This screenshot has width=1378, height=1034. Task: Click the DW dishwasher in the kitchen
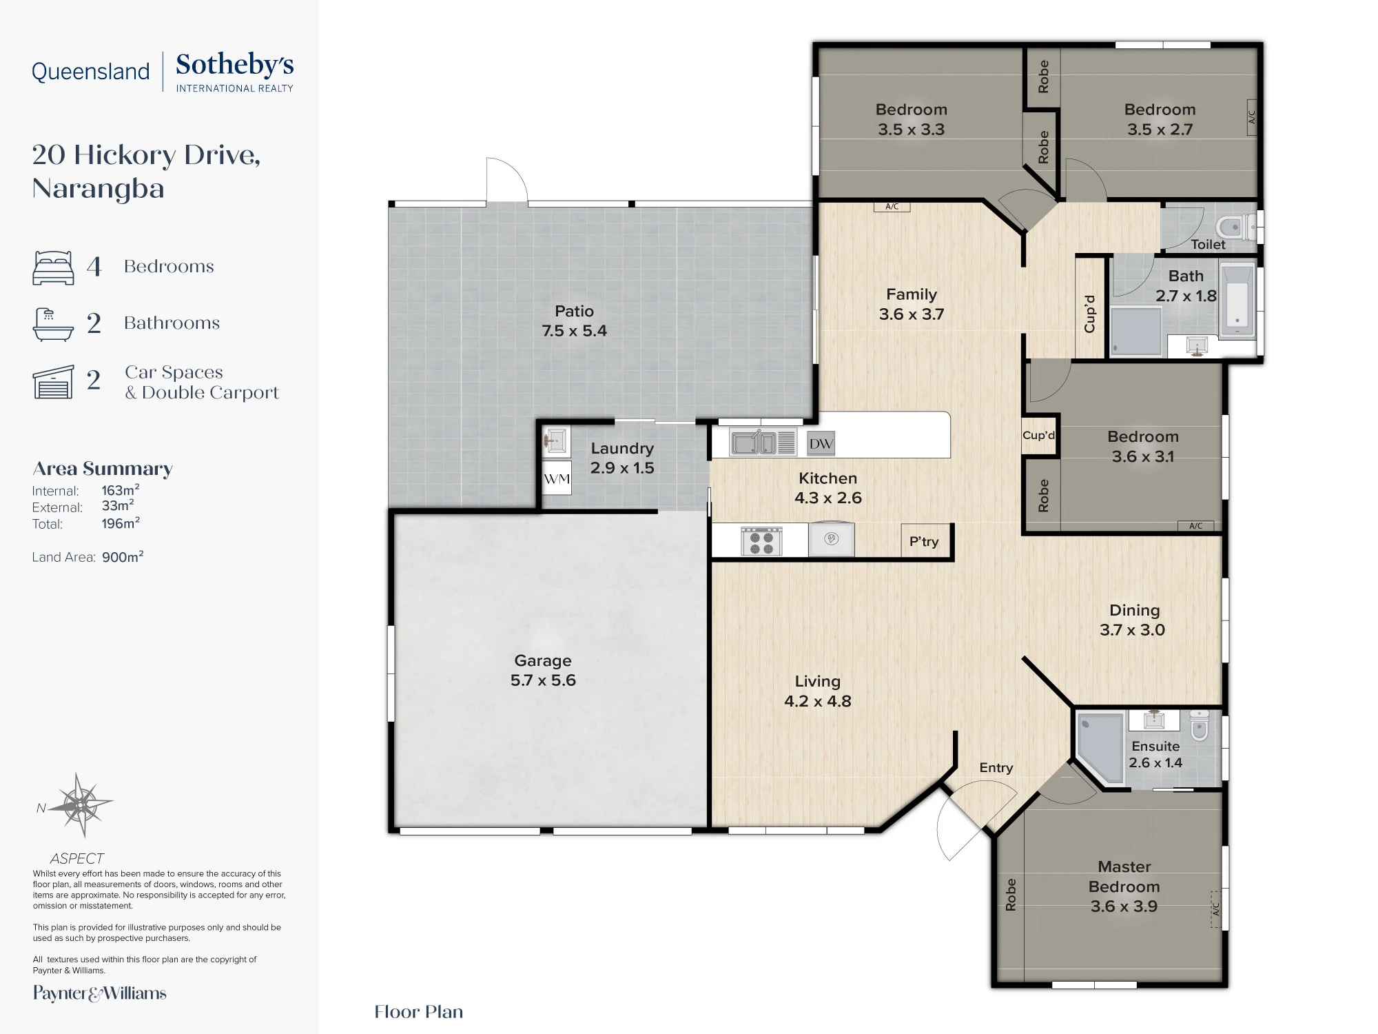coord(821,444)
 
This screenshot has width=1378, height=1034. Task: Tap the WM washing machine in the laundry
coord(557,478)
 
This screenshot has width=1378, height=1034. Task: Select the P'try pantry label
coord(924,542)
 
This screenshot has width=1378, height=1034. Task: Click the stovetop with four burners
coord(761,541)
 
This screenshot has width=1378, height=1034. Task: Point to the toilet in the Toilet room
coord(1237,226)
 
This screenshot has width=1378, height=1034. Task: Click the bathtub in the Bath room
coord(1237,300)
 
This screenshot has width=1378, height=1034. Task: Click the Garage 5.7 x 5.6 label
coord(543,670)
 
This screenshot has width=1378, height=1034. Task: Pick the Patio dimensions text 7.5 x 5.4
coord(574,331)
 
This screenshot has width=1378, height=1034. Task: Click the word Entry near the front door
coord(996,768)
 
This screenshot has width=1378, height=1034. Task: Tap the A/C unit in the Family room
coord(892,206)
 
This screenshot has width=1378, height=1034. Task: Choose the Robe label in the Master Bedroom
coord(1011,895)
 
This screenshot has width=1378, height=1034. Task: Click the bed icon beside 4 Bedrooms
coord(53,267)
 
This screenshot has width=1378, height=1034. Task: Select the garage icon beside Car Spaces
coord(53,382)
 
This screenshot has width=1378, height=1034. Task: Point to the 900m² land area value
coord(123,556)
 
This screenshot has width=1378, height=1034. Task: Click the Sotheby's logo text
coord(235,65)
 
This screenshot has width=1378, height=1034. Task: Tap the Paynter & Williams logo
coord(100,993)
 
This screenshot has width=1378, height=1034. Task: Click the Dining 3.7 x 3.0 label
coord(1133,620)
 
